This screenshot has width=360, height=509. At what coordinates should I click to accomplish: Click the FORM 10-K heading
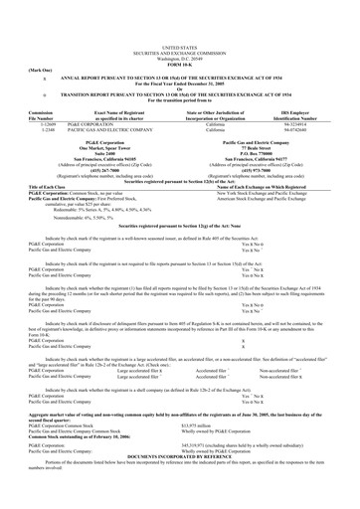coord(179,39)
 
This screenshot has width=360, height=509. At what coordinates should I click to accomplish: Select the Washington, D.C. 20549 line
coord(179,33)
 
